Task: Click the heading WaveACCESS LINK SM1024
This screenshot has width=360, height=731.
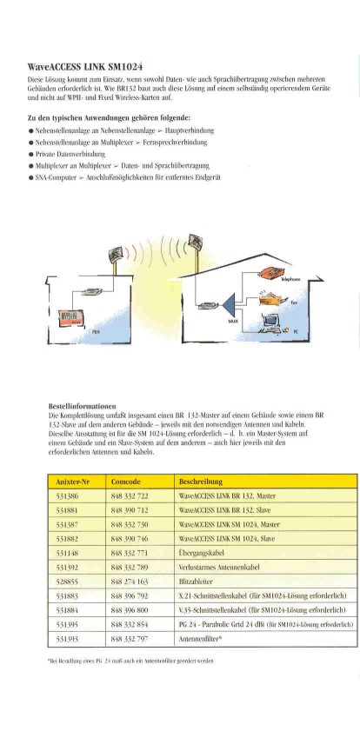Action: (85, 65)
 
